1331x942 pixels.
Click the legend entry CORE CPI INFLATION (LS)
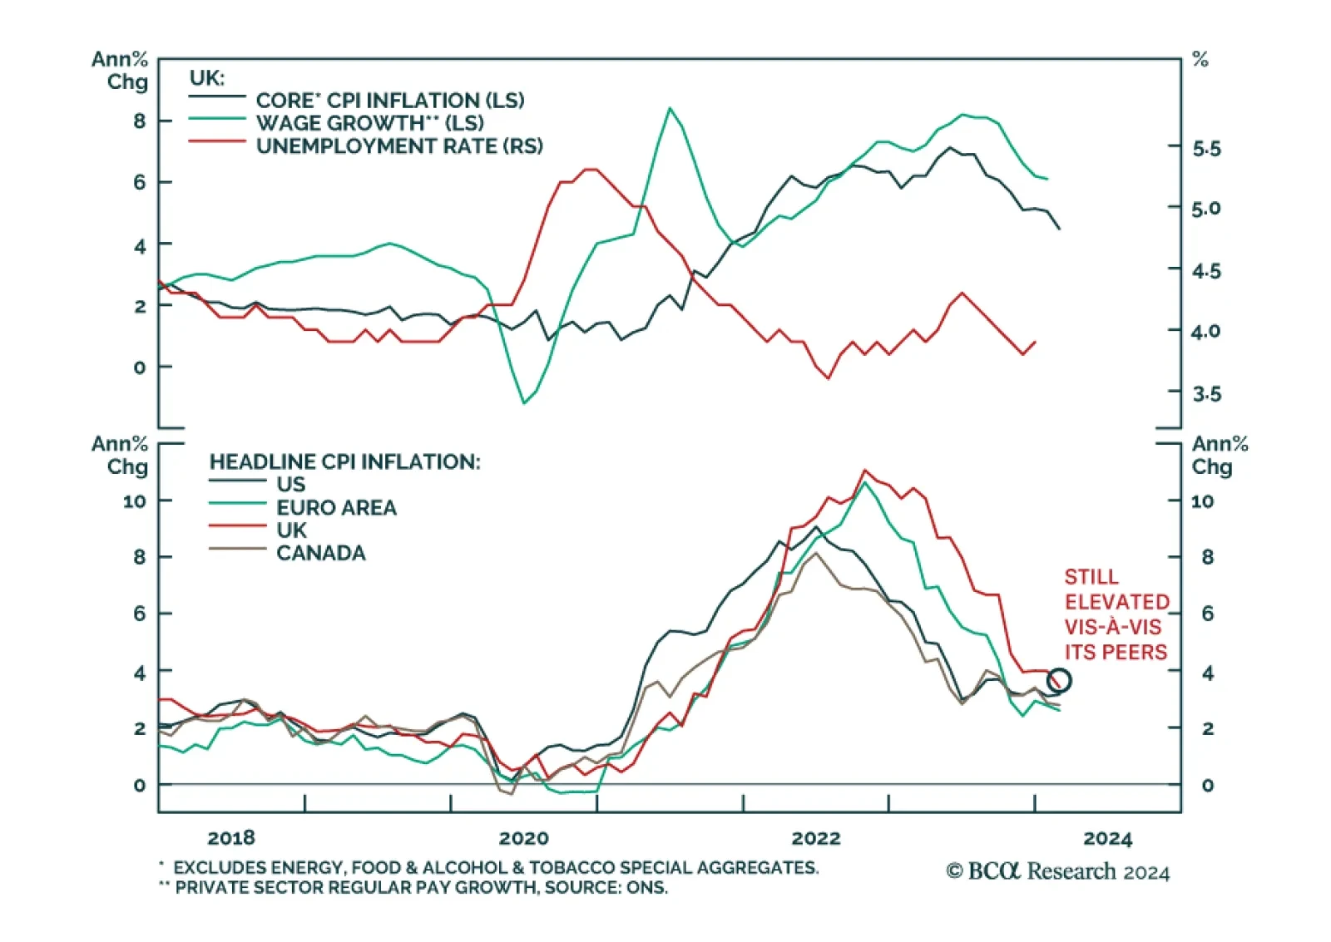pos(389,101)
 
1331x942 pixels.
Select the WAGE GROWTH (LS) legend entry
pos(369,123)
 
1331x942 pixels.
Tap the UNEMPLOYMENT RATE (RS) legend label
pos(399,146)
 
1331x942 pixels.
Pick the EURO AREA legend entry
pos(336,507)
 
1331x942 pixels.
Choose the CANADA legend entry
pos(320,553)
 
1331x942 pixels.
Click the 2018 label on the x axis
pos(231,838)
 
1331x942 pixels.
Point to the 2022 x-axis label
pos(816,838)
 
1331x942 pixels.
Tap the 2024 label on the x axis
pos(1108,838)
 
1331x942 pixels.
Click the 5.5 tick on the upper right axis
pos(1206,149)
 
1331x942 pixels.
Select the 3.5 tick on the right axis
pos(1206,393)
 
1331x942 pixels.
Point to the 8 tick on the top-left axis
pos(139,121)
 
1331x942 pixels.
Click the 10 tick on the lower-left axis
pos(134,501)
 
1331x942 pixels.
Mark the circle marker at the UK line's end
pos(1058,680)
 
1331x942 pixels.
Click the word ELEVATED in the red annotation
pos(1116,602)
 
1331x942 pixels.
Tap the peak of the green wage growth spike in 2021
pos(670,108)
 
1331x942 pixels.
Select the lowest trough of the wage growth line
pos(524,403)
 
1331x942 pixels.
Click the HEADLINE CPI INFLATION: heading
pos(344,461)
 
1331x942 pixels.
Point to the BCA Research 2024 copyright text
pos(1057,871)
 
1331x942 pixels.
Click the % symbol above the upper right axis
pos(1200,60)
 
